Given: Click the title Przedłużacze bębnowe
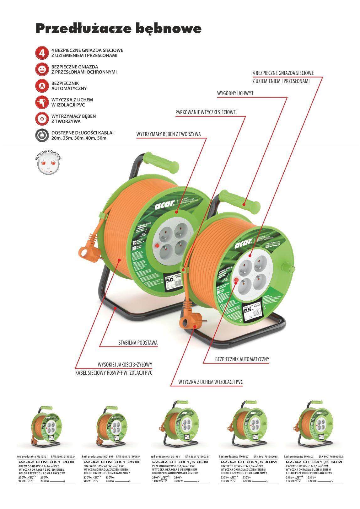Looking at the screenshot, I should [x=118, y=29].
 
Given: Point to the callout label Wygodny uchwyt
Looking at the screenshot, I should [x=235, y=94].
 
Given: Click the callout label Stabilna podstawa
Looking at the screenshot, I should [x=138, y=343].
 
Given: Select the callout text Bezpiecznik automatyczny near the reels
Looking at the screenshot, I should [x=242, y=359].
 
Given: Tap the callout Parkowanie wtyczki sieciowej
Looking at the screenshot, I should [x=207, y=112].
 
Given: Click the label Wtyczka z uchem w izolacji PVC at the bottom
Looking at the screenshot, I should [x=210, y=382].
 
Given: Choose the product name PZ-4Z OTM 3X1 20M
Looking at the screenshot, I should [x=46, y=462].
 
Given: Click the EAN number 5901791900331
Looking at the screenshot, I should [x=197, y=457].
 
